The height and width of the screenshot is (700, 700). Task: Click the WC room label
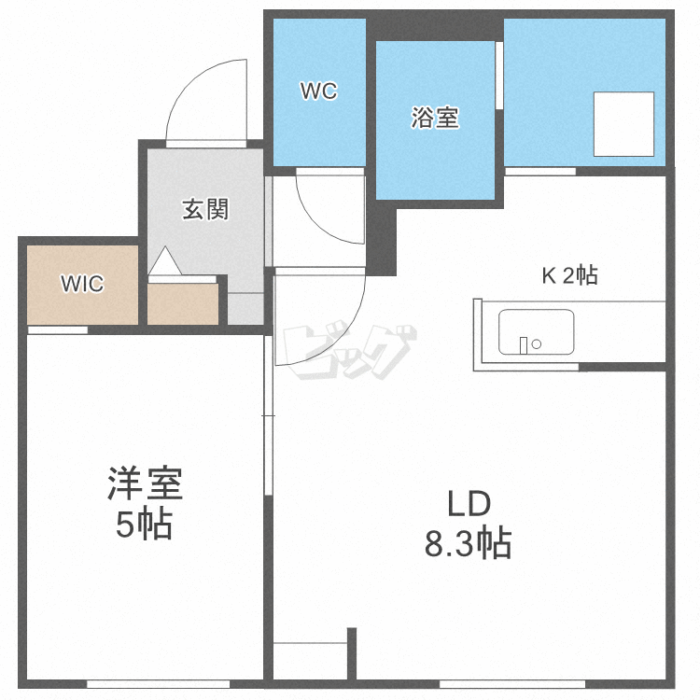click(317, 91)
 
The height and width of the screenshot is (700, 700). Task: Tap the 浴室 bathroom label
click(435, 119)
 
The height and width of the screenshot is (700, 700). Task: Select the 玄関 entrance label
click(204, 209)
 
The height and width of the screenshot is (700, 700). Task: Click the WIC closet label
click(81, 283)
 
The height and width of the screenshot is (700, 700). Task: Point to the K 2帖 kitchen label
click(570, 275)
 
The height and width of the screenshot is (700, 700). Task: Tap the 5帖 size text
click(144, 525)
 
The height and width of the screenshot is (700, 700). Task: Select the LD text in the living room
click(468, 504)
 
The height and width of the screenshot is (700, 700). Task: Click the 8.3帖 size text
click(468, 543)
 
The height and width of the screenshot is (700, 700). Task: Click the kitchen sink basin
click(537, 332)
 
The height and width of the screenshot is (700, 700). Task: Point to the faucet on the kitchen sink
click(525, 343)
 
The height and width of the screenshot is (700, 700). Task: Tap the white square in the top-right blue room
click(624, 124)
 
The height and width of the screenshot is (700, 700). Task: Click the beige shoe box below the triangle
click(183, 304)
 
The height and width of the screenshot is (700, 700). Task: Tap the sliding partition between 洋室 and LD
click(268, 420)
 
